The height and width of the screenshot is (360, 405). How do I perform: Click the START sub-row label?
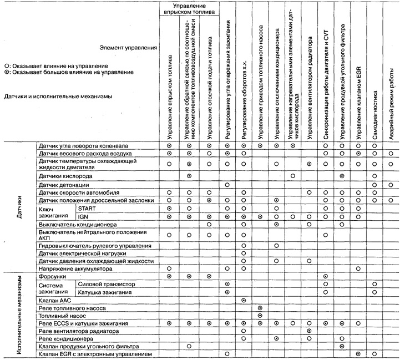85,208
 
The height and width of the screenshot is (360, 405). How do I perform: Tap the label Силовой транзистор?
103,283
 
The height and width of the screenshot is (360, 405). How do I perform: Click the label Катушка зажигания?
104,292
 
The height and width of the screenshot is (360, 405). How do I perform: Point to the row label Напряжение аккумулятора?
70,268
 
